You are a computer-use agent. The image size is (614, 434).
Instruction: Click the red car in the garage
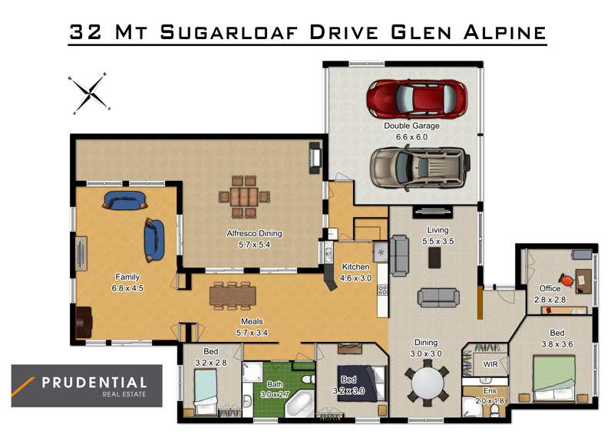[418, 98]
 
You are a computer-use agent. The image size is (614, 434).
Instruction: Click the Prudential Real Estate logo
[86, 386]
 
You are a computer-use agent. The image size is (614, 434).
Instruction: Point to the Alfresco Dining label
[254, 234]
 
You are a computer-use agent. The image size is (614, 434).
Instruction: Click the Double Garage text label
[411, 126]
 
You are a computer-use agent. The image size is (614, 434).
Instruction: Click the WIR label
[490, 364]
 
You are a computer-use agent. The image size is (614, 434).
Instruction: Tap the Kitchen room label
[355, 267]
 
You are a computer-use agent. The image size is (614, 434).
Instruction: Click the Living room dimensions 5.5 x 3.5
[438, 241]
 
